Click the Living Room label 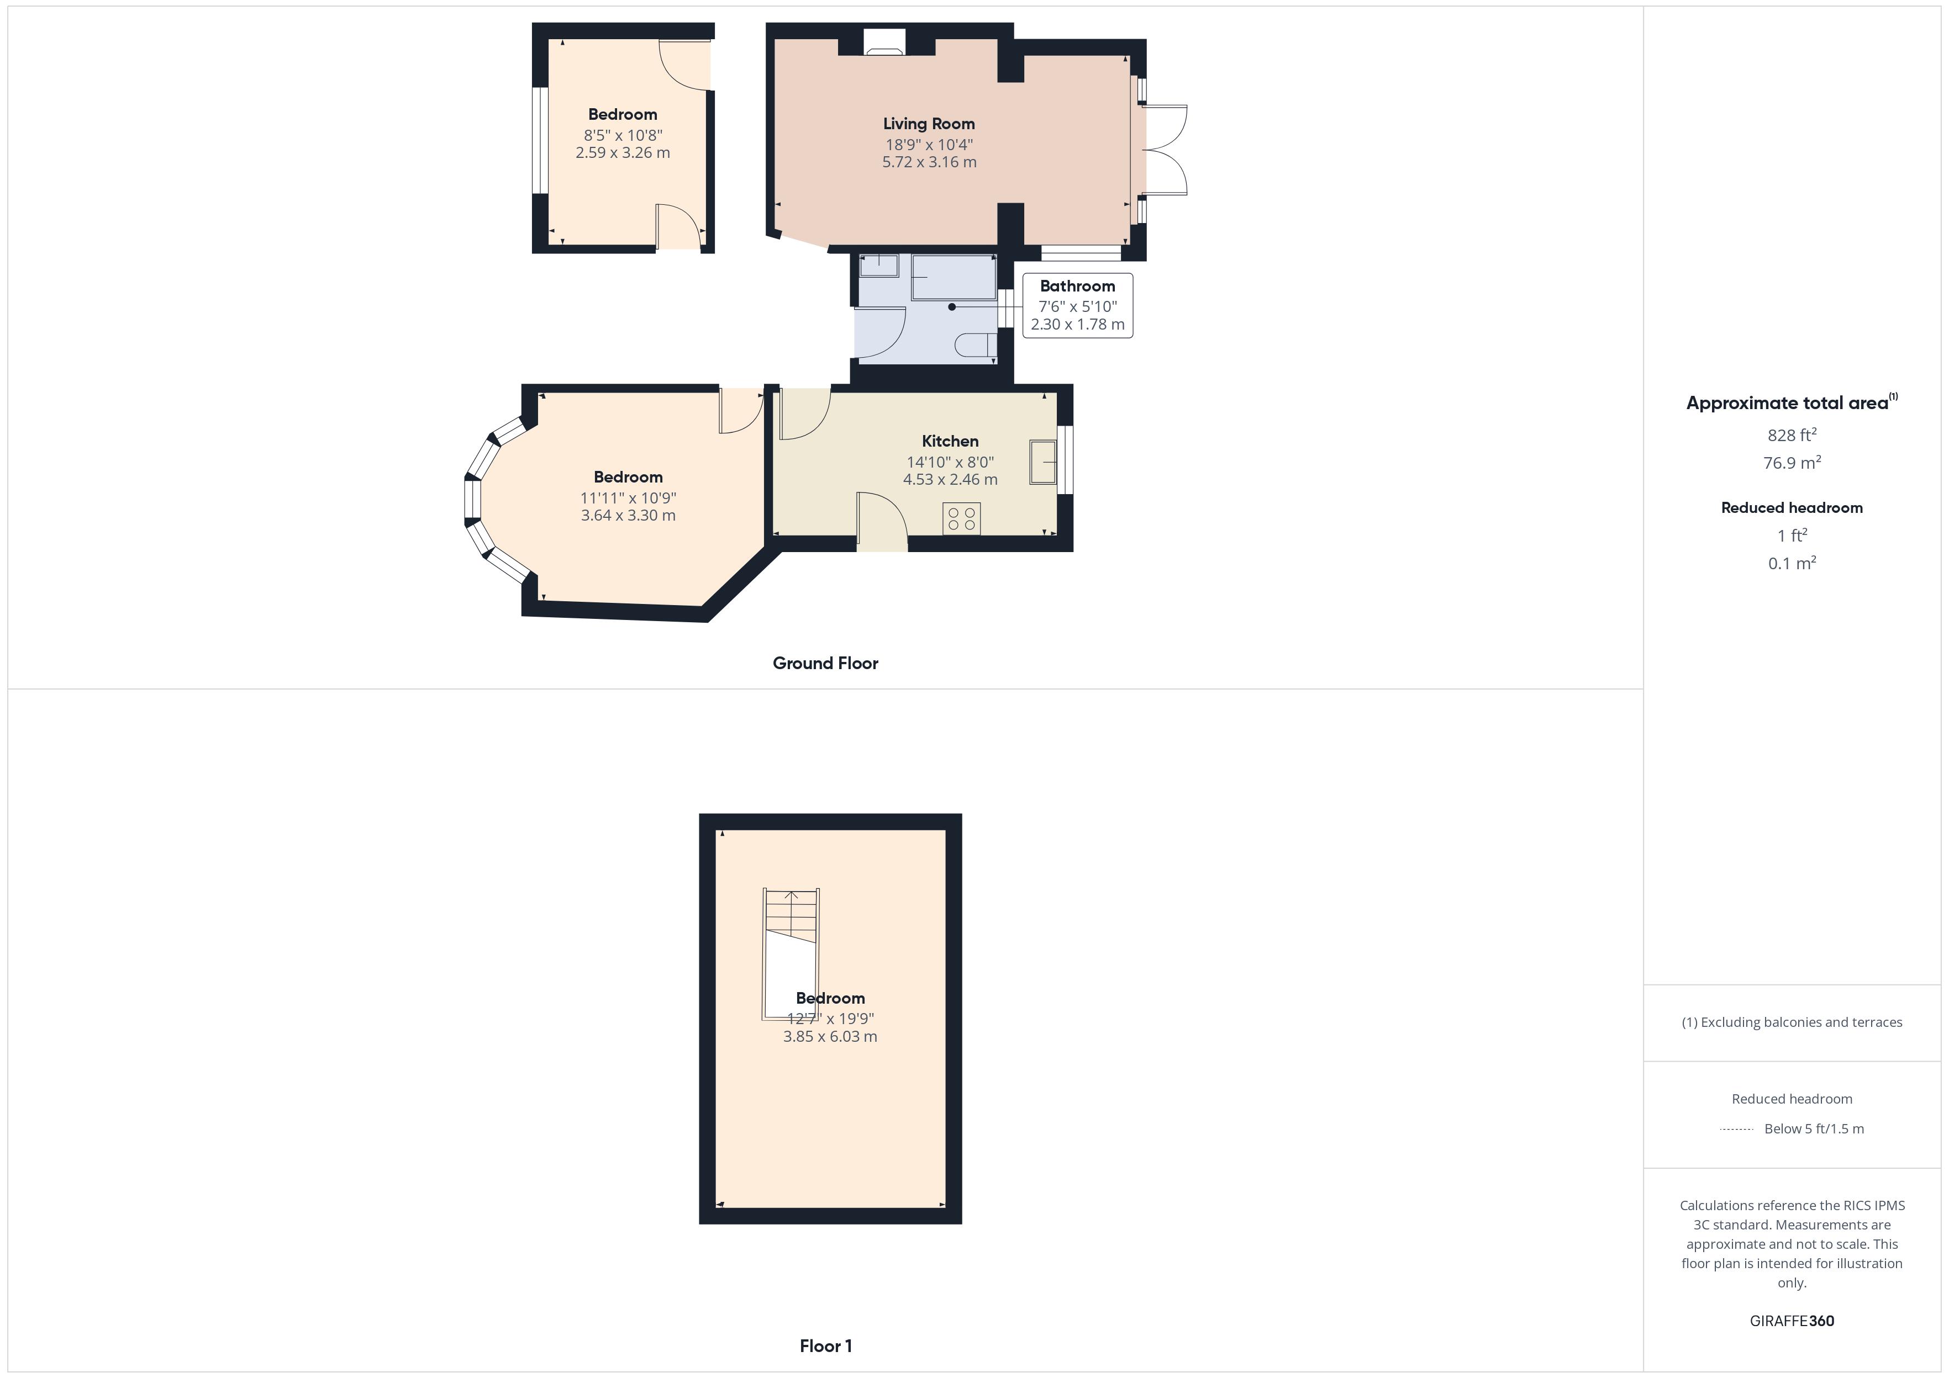coord(929,124)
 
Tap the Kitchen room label coord(950,441)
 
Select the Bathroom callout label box coord(1077,305)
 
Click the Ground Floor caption coord(825,664)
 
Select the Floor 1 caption coord(825,1346)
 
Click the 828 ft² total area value coord(1791,435)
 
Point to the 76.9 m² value coord(1791,463)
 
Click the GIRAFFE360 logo coord(1791,1321)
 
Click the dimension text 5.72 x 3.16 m coord(929,162)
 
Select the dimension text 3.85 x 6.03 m coord(829,1036)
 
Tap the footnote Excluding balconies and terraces coord(1791,1022)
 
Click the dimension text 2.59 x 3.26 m coord(622,153)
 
